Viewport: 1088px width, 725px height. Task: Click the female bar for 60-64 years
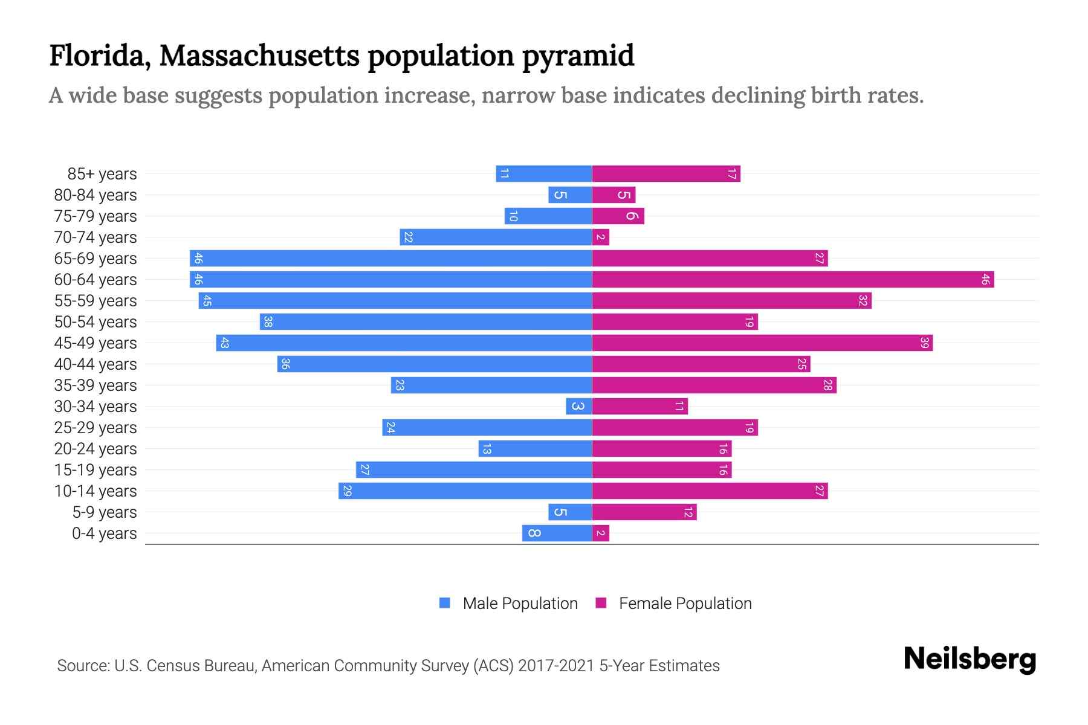792,280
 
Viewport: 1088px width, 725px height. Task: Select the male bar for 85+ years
543,174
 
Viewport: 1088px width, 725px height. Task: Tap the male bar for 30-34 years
578,407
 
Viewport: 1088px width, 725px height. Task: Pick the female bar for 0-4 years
600,533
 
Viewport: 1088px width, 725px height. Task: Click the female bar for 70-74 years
600,237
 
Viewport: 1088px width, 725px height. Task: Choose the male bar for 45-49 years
404,343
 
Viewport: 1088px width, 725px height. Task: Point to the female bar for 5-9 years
644,512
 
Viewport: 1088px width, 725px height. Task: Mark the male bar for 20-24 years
535,449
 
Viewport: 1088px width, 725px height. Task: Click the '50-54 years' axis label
96,322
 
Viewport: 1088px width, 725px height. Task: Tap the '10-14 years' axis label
96,491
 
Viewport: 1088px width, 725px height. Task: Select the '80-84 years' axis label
96,195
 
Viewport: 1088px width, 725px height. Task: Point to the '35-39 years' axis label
96,385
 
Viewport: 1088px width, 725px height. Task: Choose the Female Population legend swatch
601,603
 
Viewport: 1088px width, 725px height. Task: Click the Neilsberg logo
970,659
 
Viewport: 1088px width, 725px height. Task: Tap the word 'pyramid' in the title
578,56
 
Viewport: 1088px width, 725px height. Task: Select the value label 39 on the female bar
924,343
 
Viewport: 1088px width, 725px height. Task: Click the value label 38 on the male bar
268,322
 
